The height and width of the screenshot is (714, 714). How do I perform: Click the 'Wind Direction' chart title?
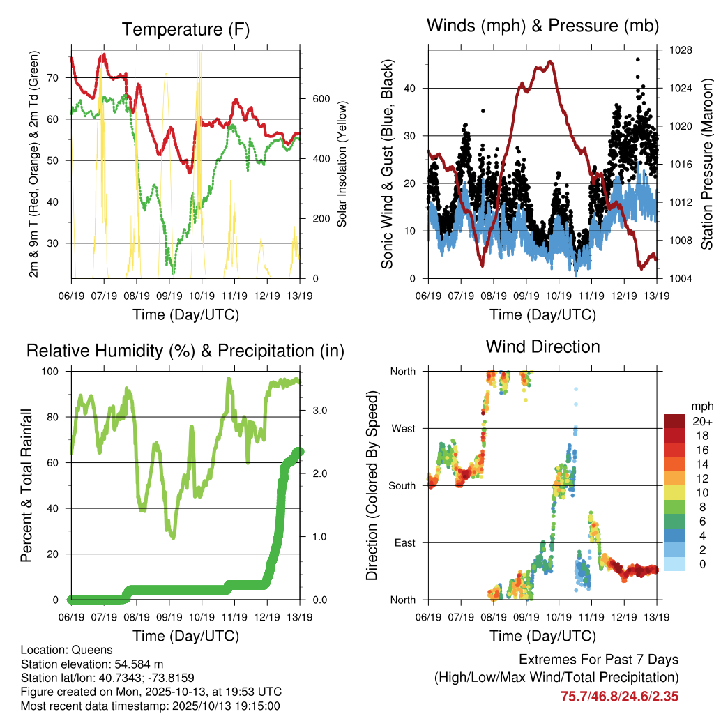542,346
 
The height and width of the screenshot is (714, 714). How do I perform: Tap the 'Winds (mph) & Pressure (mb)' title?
542,26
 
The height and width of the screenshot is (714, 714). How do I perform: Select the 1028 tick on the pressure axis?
675,50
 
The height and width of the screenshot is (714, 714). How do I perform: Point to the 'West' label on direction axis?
404,428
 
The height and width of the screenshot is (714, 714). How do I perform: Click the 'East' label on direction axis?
405,542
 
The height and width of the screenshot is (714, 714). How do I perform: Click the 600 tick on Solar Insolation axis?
321,98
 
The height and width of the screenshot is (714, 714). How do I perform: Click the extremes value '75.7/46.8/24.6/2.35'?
620,696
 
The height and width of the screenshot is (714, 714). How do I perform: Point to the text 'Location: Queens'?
66,650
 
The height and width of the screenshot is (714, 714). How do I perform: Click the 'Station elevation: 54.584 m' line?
92,664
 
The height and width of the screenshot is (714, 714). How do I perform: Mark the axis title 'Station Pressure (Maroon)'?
706,165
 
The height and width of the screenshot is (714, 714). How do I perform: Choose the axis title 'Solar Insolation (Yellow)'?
342,165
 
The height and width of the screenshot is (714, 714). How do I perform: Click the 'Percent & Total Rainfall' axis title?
26,485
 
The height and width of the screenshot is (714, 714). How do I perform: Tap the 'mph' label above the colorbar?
701,406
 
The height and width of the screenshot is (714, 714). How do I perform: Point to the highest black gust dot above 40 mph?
637,60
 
